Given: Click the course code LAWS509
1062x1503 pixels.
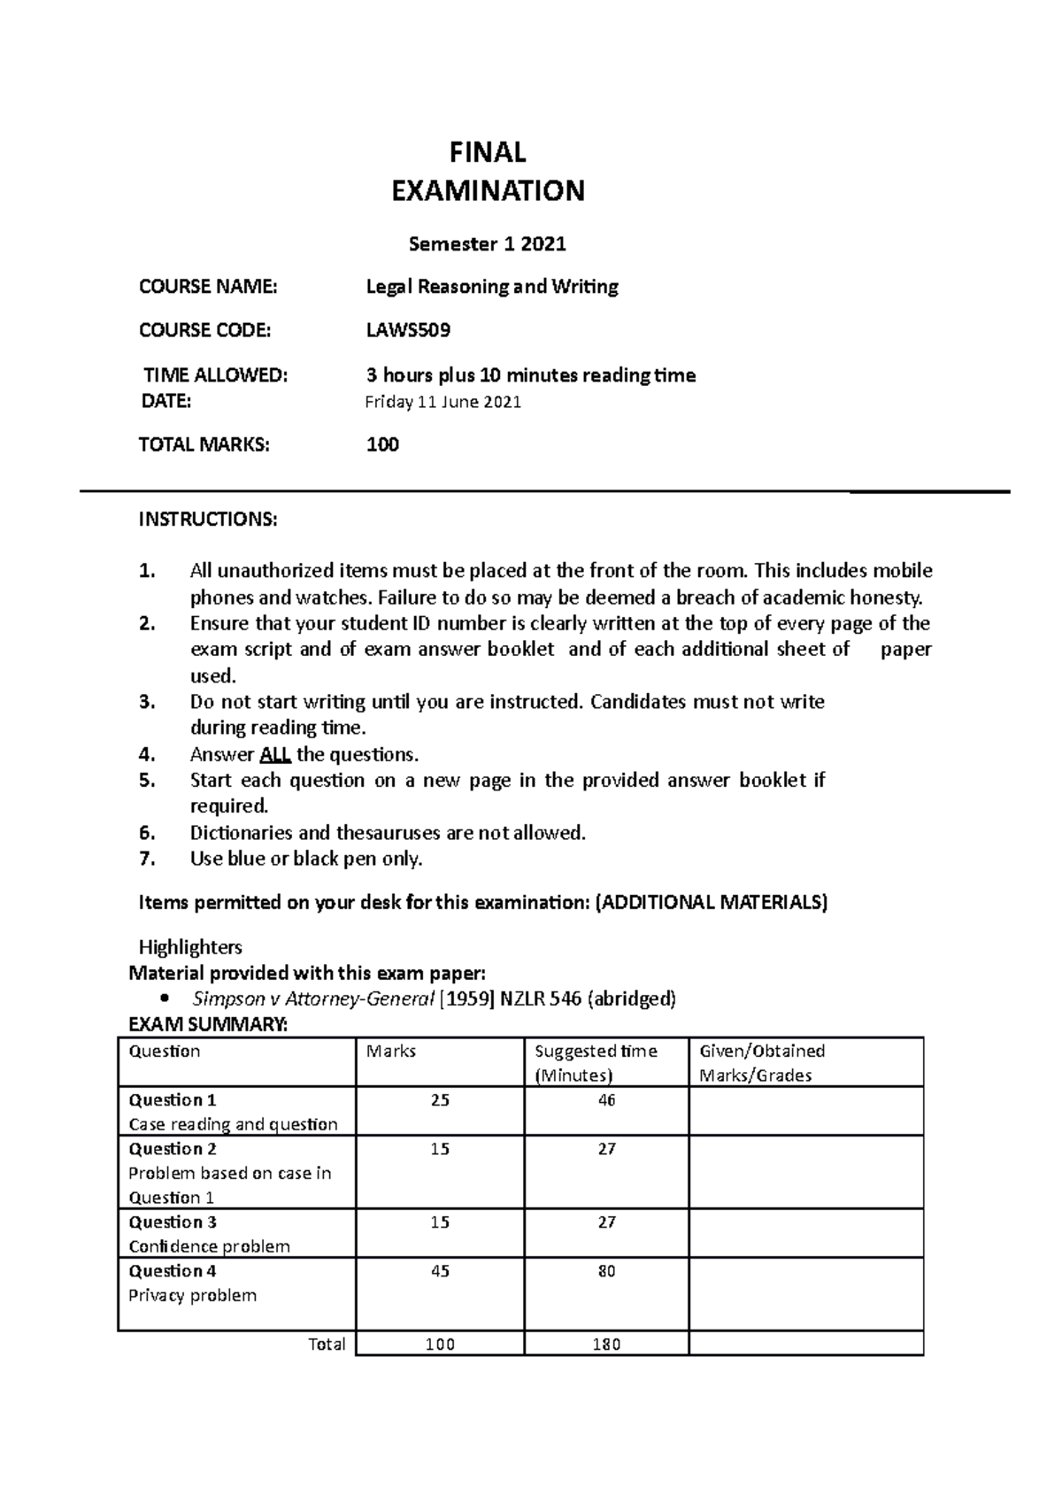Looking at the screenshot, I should tap(408, 331).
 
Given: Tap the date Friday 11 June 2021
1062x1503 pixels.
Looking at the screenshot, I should tap(442, 403).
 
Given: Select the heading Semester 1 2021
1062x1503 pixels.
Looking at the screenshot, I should tap(488, 243).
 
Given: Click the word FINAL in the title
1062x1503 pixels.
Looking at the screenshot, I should tap(488, 153).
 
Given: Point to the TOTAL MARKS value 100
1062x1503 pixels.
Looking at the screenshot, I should tap(382, 444).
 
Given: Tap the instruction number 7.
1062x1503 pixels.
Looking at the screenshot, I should tap(148, 859).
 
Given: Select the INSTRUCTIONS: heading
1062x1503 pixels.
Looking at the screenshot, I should tap(208, 520).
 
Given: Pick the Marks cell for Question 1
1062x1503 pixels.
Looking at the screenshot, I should tap(440, 1100).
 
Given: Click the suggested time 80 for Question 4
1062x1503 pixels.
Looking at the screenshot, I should tap(606, 1271).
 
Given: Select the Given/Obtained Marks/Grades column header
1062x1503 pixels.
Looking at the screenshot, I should tap(762, 1063).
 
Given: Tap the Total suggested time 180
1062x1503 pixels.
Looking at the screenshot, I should tap(606, 1345).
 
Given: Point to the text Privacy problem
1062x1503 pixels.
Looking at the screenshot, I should tap(192, 1296).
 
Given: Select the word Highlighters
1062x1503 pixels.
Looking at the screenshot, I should tap(190, 947).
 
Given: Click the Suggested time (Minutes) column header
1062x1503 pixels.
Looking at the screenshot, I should tap(596, 1063).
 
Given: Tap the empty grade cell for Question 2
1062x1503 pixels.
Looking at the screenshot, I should tap(805, 1172).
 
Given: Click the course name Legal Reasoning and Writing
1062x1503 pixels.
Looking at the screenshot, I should tap(492, 287).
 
